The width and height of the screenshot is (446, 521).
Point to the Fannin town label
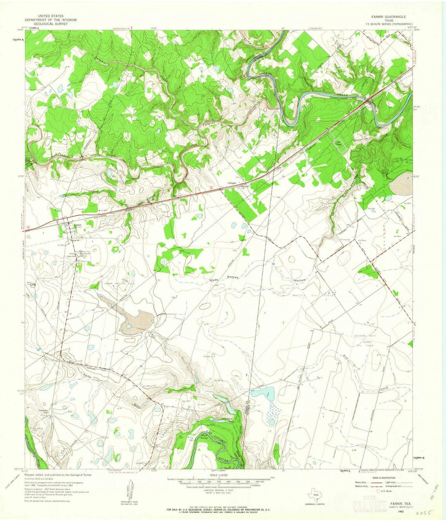(78, 225)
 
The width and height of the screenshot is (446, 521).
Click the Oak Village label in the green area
(339, 143)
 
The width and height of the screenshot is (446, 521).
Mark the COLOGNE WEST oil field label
(363, 336)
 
